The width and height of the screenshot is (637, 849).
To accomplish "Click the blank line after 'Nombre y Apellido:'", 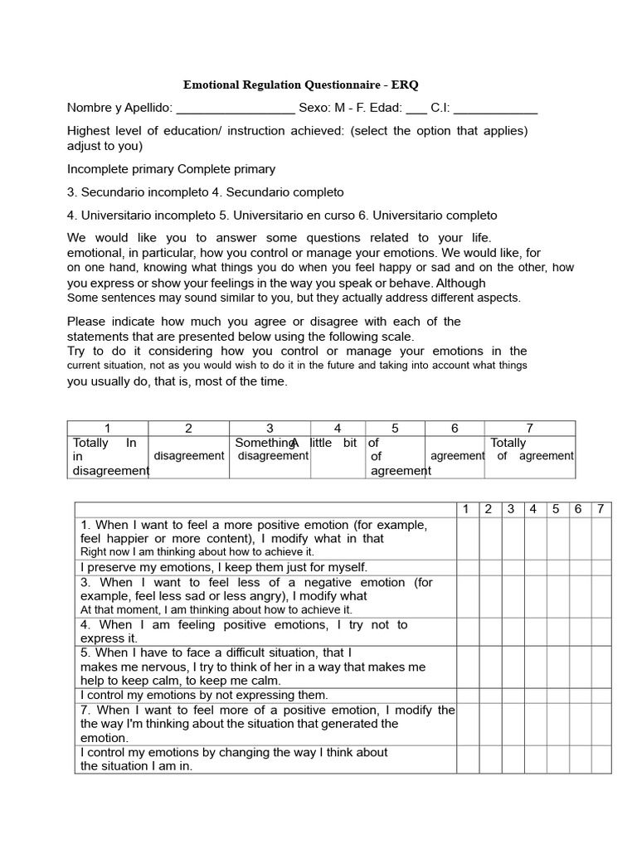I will (x=236, y=108).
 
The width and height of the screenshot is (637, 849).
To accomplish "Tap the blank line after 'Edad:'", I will (x=417, y=108).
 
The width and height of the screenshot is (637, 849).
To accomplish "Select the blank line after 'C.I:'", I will (x=496, y=108).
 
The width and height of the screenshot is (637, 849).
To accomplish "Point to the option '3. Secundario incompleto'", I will (x=138, y=192).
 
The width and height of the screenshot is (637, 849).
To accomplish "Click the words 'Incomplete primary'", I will (x=120, y=169).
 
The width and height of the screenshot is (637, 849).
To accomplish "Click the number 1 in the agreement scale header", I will (x=107, y=429).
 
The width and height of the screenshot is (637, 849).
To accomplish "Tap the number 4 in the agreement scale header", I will (x=338, y=429).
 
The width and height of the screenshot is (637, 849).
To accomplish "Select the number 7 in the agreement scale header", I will (x=529, y=429).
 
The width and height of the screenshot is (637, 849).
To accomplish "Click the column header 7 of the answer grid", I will (x=600, y=509).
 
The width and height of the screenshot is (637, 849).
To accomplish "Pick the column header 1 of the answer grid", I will (x=467, y=509).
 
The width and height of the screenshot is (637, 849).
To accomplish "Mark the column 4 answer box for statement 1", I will (x=533, y=538).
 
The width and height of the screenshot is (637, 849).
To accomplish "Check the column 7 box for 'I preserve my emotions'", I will (x=600, y=568).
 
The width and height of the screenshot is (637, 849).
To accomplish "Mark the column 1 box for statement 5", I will (x=467, y=667).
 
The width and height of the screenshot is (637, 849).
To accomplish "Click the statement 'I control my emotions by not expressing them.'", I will (x=204, y=696).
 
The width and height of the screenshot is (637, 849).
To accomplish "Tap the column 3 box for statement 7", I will (x=511, y=724).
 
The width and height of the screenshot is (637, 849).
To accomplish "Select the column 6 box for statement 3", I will (x=577, y=596).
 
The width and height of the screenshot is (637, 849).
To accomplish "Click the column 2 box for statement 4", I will (x=489, y=632).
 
